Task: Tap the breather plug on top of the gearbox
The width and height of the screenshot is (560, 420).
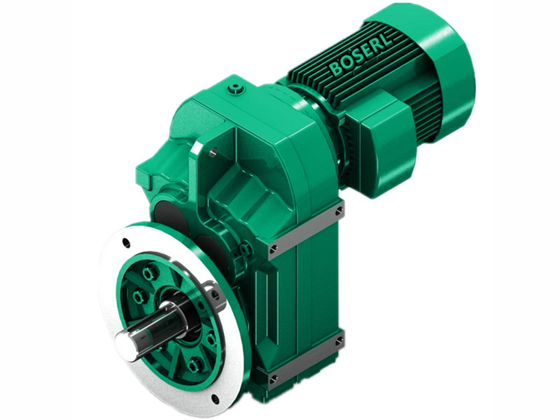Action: click(x=237, y=89)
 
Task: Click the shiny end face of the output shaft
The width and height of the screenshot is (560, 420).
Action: click(x=125, y=342)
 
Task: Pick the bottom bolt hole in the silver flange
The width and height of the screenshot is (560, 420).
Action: click(x=215, y=399)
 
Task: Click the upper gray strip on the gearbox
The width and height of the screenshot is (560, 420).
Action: click(x=306, y=227)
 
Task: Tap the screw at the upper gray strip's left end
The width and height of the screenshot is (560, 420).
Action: click(x=273, y=248)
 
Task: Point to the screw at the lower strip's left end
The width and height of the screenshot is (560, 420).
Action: click(x=273, y=378)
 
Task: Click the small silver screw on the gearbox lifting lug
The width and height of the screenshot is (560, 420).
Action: click(x=210, y=149)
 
